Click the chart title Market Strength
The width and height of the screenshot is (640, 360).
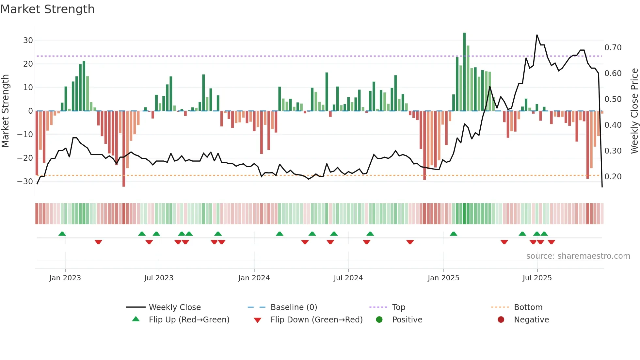pos(48,9)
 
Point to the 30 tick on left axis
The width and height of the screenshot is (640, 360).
pos(28,41)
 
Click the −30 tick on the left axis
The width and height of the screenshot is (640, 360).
pos(25,182)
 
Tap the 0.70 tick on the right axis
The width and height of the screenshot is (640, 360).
pos(613,48)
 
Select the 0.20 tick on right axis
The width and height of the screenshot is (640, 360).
pos(613,177)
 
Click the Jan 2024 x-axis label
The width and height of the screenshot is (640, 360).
pos(254,278)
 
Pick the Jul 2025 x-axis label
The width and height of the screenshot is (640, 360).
pos(537,278)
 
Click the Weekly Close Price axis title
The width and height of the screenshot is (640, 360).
pos(634,111)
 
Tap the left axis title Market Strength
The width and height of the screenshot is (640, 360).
pos(6,111)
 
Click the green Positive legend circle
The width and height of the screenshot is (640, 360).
pos(379,320)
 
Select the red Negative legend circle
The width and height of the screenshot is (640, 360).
pos(501,320)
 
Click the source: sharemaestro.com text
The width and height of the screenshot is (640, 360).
pos(578,256)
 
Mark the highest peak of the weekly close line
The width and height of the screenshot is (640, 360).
pos(537,35)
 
